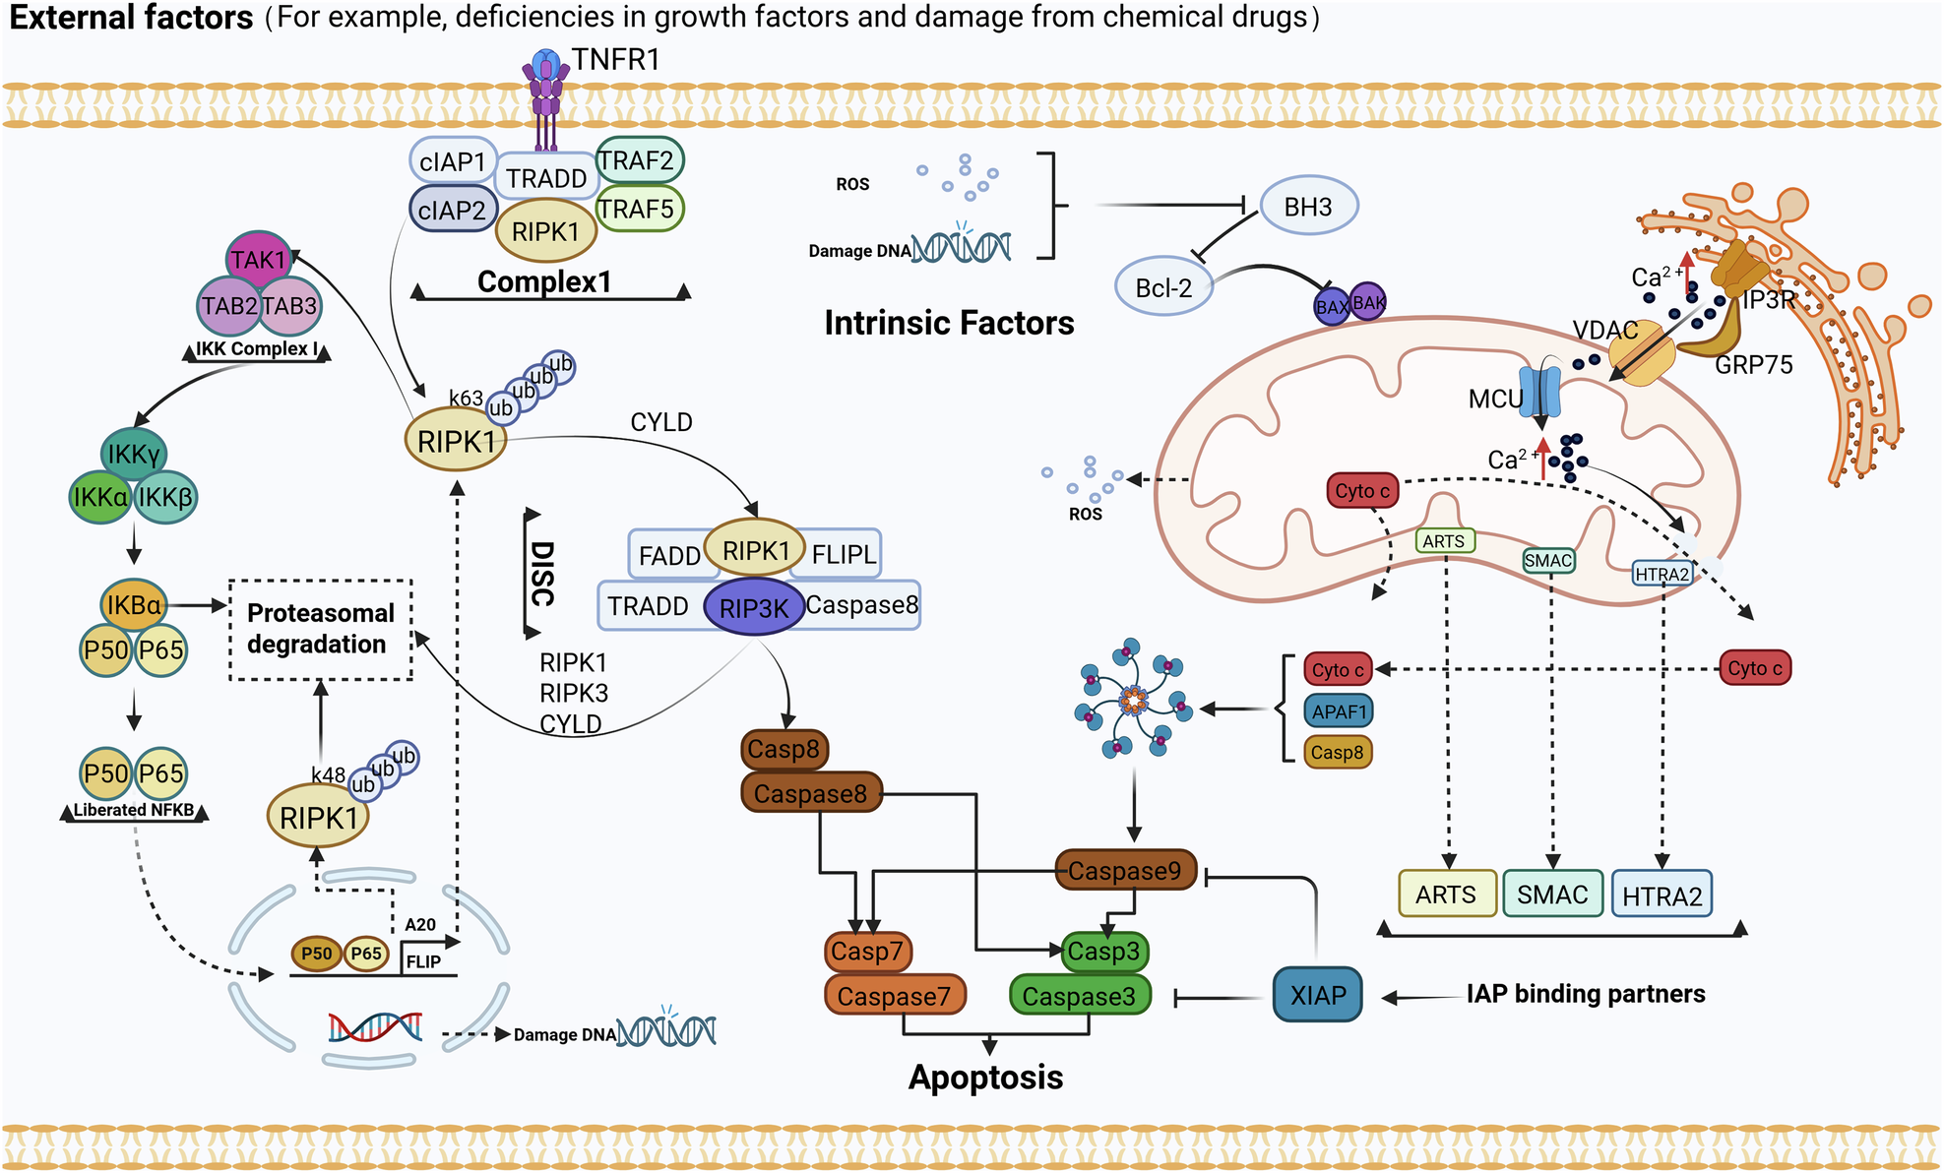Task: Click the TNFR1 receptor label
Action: coord(615,60)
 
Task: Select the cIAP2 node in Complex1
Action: coord(452,210)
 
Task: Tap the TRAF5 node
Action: coord(638,209)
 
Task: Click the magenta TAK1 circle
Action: coord(258,260)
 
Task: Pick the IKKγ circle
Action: coord(134,454)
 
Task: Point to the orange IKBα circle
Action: coord(133,605)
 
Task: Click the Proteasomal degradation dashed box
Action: coord(320,629)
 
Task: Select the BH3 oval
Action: coord(1308,207)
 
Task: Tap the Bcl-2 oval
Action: coord(1163,287)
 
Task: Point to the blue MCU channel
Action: coord(1540,393)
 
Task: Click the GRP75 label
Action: coord(1753,365)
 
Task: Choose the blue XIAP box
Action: coord(1317,995)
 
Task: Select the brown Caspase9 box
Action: coord(1124,871)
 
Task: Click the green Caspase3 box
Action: coord(1079,996)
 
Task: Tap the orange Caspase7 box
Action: coord(894,996)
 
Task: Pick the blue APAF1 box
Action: coord(1339,710)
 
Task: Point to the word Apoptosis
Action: coord(985,1078)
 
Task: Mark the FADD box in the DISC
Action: coord(668,556)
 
